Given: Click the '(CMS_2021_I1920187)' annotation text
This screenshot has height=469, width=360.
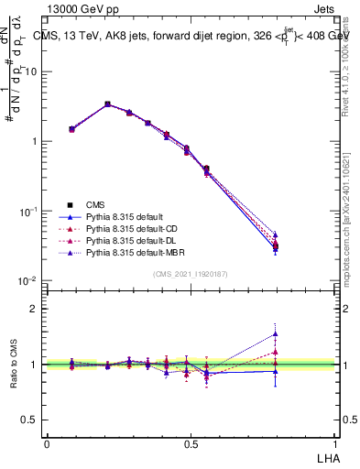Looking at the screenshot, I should (x=191, y=275).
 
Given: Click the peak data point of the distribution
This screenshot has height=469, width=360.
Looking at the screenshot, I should (x=107, y=104).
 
